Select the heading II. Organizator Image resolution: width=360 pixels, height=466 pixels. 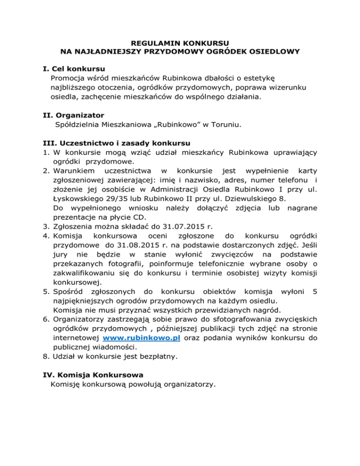(x=73, y=115)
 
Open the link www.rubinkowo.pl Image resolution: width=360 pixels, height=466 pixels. (x=142, y=338)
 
